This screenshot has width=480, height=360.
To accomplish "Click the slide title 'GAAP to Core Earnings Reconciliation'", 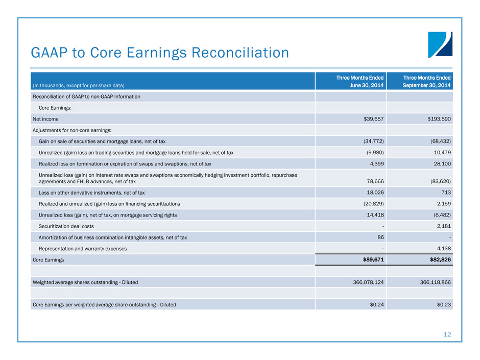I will [160, 53].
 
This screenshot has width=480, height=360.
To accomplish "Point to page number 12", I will [447, 334].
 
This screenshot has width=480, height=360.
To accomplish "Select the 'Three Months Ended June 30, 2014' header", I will [359, 81].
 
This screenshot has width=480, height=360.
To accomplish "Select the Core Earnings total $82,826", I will [437, 260].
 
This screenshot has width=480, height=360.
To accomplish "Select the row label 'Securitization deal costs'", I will [66, 226].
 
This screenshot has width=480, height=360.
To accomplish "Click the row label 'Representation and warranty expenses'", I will [83, 249].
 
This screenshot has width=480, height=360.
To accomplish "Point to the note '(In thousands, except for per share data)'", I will [79, 85].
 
